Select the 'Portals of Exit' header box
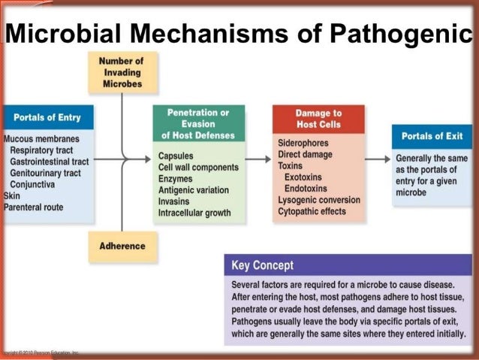pyautogui.click(x=432, y=136)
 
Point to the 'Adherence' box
pyautogui.click(x=122, y=246)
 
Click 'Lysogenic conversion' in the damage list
pyautogui.click(x=318, y=200)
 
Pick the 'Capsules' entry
pyautogui.click(x=176, y=156)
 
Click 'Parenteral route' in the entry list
pyautogui.click(x=34, y=207)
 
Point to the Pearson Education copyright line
pyautogui.click(x=39, y=352)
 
